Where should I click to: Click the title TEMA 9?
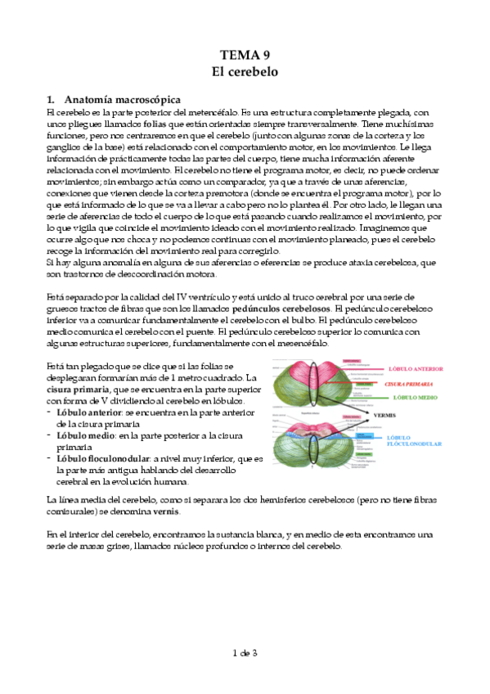tap(245, 56)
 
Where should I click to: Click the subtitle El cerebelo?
tap(245, 72)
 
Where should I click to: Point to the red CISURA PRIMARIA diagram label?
tap(407, 383)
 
